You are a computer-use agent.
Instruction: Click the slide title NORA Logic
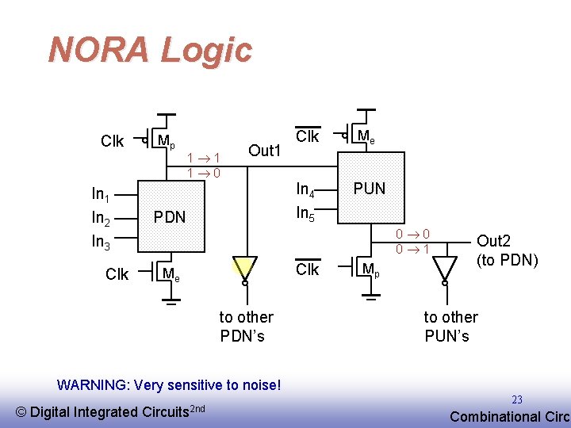(x=150, y=50)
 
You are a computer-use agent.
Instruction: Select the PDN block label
(x=169, y=216)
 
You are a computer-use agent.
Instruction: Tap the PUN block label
(x=369, y=189)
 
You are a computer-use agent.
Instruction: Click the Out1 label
(x=265, y=151)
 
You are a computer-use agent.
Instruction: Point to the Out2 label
(x=493, y=241)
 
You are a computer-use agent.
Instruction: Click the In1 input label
(x=101, y=194)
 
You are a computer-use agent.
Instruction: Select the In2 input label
(x=101, y=218)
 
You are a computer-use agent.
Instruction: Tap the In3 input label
(x=101, y=242)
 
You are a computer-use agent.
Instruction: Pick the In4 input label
(x=305, y=189)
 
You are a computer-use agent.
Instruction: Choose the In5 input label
(x=306, y=213)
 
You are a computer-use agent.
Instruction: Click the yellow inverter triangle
(x=245, y=267)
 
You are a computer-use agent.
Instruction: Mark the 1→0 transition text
(x=204, y=172)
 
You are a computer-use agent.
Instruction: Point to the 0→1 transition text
(x=413, y=249)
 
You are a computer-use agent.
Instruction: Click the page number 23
(x=517, y=399)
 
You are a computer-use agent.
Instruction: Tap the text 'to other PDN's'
(x=245, y=326)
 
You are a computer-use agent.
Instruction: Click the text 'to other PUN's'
(x=450, y=326)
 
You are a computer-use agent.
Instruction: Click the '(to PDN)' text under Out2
(x=508, y=258)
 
